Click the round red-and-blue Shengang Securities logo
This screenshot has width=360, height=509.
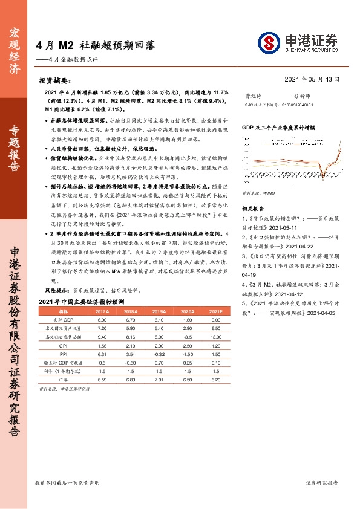click(269, 42)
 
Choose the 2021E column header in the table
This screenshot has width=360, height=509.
click(215, 311)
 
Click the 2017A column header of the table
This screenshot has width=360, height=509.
click(102, 311)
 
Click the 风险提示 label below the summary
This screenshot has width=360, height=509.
click(56, 291)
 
